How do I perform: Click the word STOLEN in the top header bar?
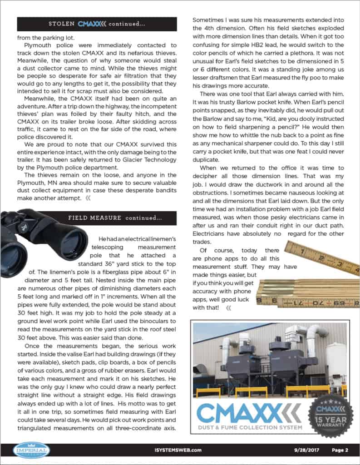point(64,23)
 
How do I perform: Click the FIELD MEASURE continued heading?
point(114,218)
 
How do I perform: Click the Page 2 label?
point(339,450)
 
